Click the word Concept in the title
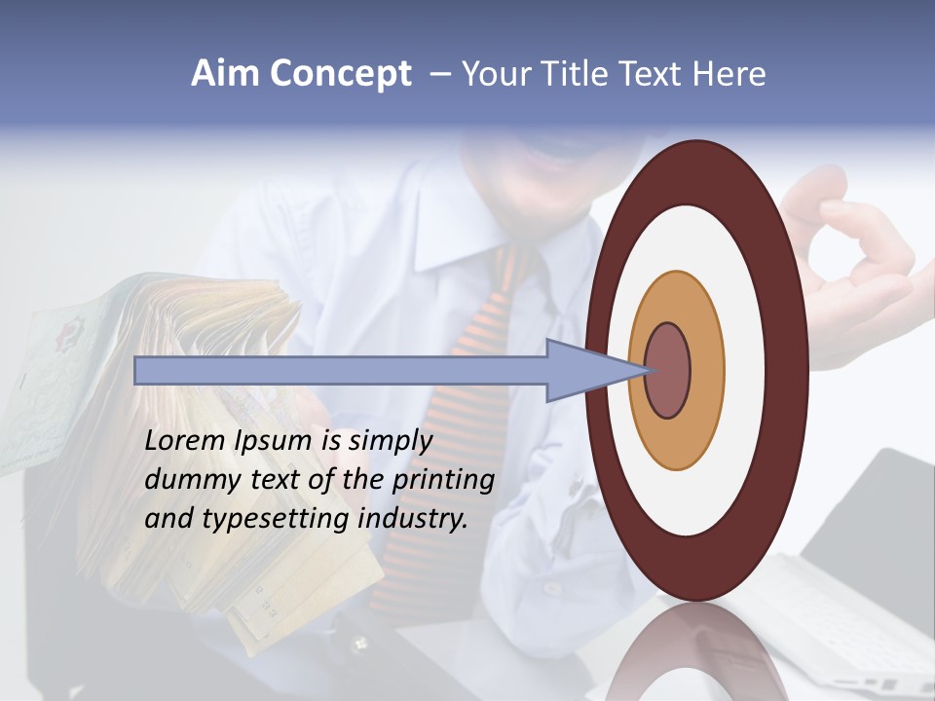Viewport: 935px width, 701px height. click(340, 74)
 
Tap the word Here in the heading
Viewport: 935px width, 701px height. click(729, 74)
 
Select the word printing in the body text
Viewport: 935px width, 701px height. click(443, 479)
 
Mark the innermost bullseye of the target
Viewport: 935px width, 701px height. click(668, 371)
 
